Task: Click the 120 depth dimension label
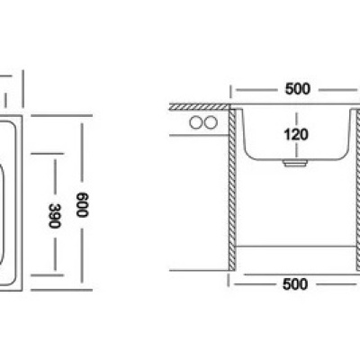(x=296, y=134)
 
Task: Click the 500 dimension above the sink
(x=297, y=89)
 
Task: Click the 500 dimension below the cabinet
(x=295, y=284)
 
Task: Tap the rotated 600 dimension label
(x=82, y=205)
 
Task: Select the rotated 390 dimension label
(x=55, y=216)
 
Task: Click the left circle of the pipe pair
(x=195, y=122)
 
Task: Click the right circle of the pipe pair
(x=211, y=122)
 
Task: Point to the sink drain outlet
(x=295, y=163)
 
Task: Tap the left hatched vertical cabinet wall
(x=232, y=189)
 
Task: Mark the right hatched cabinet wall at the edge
(x=358, y=189)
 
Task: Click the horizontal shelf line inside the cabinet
(x=296, y=247)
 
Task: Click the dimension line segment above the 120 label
(x=297, y=120)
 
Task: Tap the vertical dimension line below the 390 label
(x=55, y=254)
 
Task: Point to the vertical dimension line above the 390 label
(x=55, y=176)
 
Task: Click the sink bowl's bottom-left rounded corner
(x=248, y=154)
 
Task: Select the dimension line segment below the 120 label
(x=297, y=150)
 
